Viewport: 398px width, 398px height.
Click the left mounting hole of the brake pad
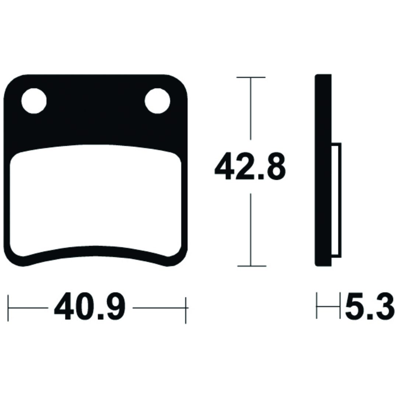(34, 101)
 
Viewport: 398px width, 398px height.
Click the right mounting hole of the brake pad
(157, 101)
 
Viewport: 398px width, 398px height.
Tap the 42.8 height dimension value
(250, 167)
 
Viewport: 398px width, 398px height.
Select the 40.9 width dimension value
(90, 307)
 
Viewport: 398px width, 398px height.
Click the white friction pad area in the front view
(96, 200)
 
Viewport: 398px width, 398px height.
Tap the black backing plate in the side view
(323, 170)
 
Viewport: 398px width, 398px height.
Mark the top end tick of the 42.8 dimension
(251, 77)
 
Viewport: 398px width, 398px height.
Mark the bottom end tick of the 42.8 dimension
(252, 266)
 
